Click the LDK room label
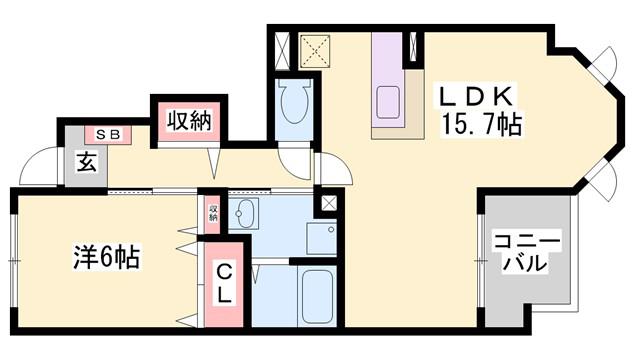pyautogui.click(x=476, y=96)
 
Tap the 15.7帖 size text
pyautogui.click(x=481, y=124)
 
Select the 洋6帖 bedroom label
pyautogui.click(x=107, y=256)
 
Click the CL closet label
pyautogui.click(x=224, y=283)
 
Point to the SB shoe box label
pyautogui.click(x=108, y=135)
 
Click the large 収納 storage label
pyautogui.click(x=189, y=121)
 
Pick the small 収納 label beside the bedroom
pyautogui.click(x=213, y=213)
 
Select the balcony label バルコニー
pyautogui.click(x=526, y=252)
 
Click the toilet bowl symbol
pyautogui.click(x=294, y=101)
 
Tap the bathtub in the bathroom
pyautogui.click(x=317, y=296)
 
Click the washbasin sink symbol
pyautogui.click(x=243, y=214)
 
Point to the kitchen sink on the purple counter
pyautogui.click(x=387, y=102)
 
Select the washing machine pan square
pyautogui.click(x=322, y=239)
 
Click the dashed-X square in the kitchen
pyautogui.click(x=315, y=51)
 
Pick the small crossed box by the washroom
pyautogui.click(x=329, y=203)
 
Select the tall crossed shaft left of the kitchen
pyautogui.click(x=282, y=50)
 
